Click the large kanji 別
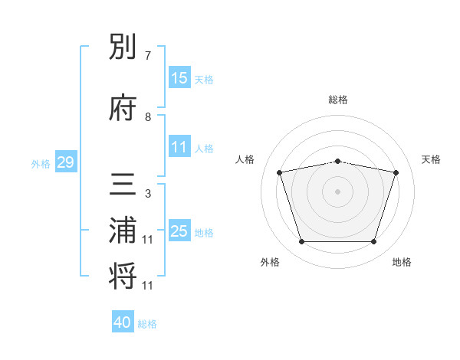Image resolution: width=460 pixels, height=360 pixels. (123, 46)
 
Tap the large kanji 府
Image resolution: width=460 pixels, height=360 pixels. (123, 107)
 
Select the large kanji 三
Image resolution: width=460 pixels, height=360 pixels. (123, 184)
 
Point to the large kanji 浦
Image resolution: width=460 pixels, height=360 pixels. (123, 230)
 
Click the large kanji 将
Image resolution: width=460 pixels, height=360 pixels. (123, 276)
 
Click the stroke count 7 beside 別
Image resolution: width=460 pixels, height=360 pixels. (148, 56)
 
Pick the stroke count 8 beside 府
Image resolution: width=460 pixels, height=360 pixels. (148, 117)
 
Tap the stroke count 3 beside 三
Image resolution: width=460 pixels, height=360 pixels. (148, 194)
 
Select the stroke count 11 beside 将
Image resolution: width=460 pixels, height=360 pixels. (147, 286)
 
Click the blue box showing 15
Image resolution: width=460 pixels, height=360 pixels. (179, 77)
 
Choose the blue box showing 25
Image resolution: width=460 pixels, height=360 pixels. (179, 230)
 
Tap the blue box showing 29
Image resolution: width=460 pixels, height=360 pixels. (66, 162)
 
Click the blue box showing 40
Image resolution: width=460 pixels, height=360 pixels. (123, 321)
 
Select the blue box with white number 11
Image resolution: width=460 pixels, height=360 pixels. (179, 146)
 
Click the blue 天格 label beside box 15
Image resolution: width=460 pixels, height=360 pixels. (204, 80)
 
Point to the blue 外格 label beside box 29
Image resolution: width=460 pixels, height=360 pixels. (41, 164)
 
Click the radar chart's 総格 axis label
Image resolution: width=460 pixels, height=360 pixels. (338, 100)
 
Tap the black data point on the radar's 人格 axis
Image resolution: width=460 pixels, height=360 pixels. (279, 172)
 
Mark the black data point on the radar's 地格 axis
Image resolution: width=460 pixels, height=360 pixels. (374, 242)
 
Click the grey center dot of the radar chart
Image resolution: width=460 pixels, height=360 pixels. (337, 191)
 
